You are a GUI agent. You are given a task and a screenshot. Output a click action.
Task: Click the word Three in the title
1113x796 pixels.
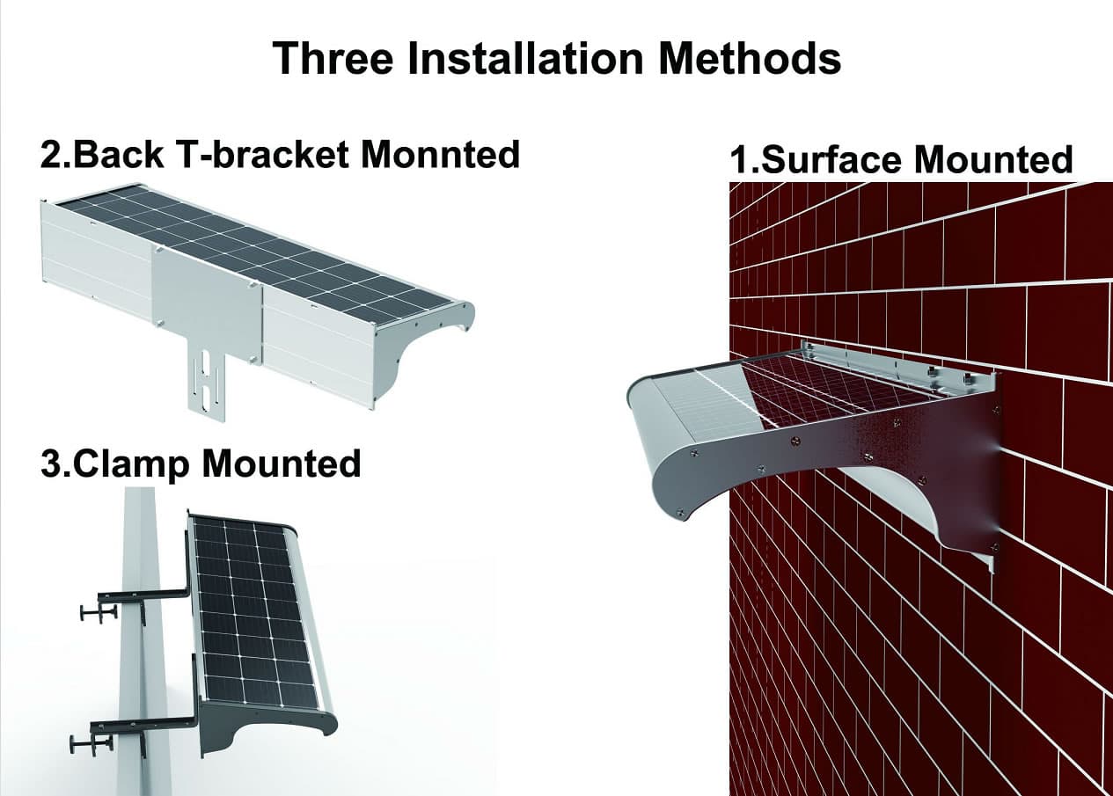pyautogui.click(x=333, y=59)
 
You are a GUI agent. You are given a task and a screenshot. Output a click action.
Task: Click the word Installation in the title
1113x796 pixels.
pyautogui.click(x=525, y=59)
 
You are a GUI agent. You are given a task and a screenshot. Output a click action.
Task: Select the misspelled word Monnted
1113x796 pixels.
pyautogui.click(x=440, y=155)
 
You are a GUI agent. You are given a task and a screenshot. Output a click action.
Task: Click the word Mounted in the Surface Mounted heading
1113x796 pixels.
pyautogui.click(x=993, y=160)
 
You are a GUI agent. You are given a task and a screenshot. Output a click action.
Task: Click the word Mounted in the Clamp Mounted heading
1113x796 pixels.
pyautogui.click(x=282, y=464)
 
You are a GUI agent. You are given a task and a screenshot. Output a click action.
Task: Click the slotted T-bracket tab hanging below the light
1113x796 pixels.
pyautogui.click(x=206, y=385)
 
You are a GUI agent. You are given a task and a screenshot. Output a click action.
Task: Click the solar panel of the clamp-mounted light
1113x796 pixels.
pyautogui.click(x=255, y=613)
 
